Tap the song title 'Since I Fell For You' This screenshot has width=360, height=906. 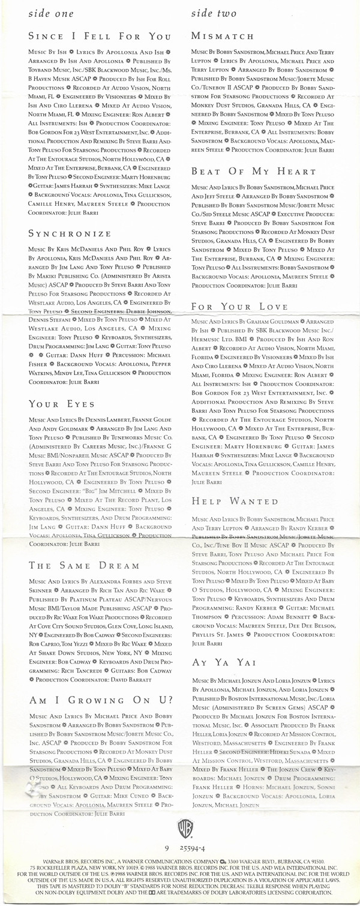(100, 37)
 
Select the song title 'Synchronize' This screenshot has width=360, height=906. (70, 233)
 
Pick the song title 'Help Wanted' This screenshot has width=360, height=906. (235, 501)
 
